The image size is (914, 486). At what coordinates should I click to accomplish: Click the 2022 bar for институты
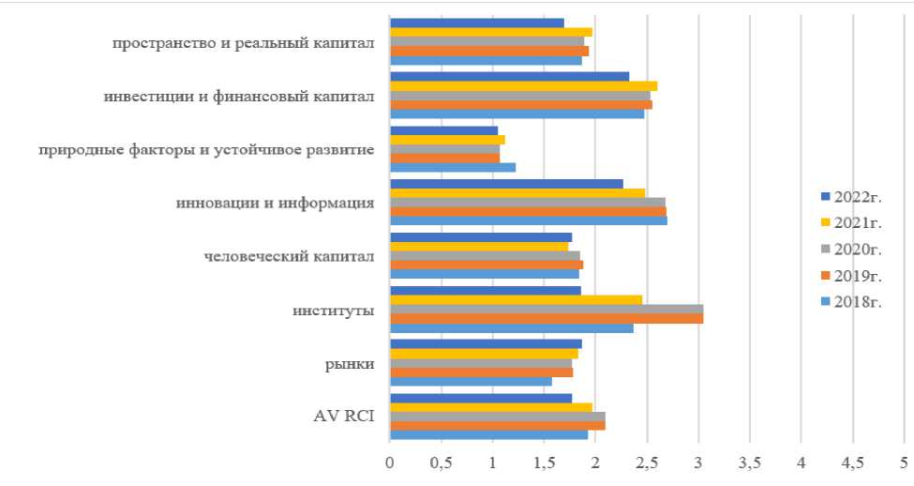(485, 291)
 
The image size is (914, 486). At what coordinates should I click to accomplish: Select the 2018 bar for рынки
(471, 381)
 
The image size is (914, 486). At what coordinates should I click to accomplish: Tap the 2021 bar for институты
(516, 300)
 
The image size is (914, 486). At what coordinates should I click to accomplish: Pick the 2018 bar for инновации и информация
(528, 220)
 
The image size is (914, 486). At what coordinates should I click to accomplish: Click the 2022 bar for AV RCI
(480, 398)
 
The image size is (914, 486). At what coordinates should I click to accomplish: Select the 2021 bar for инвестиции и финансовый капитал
(523, 85)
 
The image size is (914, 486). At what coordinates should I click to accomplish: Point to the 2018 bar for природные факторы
(452, 167)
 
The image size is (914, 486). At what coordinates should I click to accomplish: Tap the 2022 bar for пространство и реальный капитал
(476, 23)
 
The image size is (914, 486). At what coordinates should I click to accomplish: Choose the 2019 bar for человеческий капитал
(486, 265)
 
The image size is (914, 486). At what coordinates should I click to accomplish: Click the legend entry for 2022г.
(847, 195)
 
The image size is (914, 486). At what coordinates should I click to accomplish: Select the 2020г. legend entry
(847, 249)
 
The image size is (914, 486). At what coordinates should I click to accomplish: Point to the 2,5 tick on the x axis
(647, 462)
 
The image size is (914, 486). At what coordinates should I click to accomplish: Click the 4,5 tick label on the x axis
(852, 462)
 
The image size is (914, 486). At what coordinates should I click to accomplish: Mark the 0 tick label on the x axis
(390, 462)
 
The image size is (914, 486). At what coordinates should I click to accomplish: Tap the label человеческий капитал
(290, 256)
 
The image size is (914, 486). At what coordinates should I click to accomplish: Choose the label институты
(334, 310)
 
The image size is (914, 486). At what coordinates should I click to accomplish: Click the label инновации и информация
(276, 203)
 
